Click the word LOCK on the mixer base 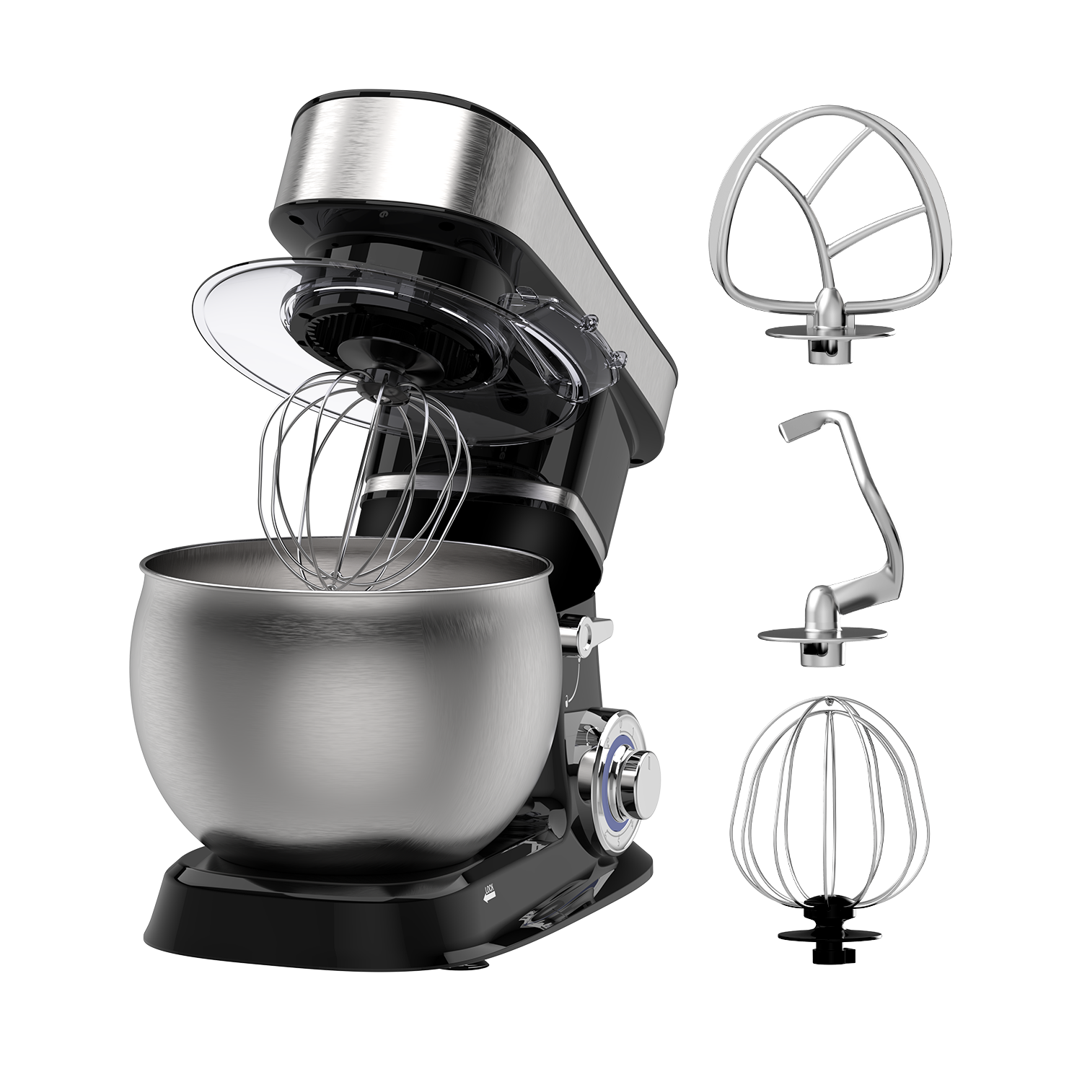(x=491, y=884)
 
